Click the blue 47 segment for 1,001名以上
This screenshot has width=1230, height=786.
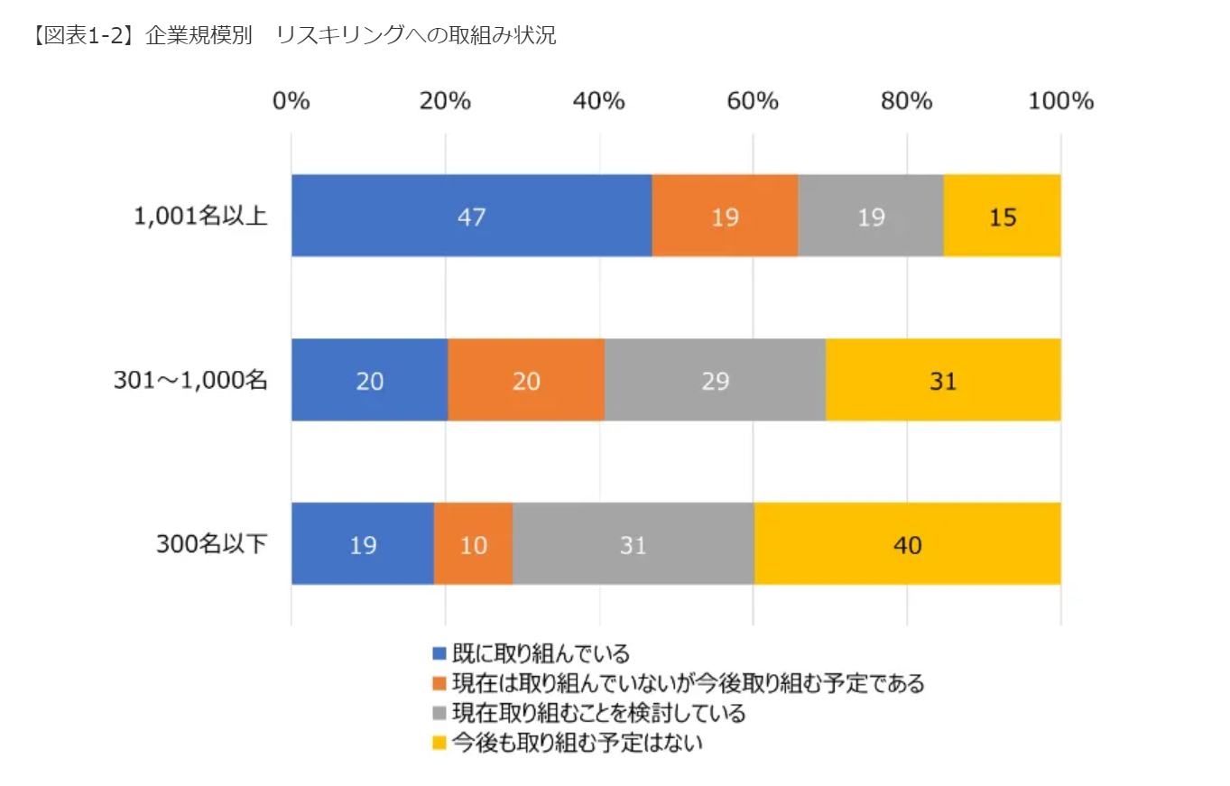(x=471, y=217)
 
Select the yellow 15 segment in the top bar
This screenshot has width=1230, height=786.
(x=1002, y=217)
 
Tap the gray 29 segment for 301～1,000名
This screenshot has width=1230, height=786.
(x=715, y=381)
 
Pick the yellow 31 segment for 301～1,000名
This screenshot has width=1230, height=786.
(x=943, y=381)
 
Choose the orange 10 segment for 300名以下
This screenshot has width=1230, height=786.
(x=473, y=545)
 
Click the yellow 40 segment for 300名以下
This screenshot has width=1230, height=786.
(x=907, y=545)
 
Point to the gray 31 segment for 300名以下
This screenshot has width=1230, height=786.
(x=633, y=545)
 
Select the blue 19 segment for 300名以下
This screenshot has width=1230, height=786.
(x=362, y=545)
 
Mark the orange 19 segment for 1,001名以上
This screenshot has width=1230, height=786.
(x=725, y=217)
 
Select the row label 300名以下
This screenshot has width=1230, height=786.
(x=212, y=545)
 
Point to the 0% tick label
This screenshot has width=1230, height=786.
(x=291, y=101)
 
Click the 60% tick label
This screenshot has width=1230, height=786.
(x=753, y=101)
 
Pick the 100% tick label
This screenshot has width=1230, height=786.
(x=1060, y=101)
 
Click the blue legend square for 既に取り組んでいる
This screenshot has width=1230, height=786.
(x=439, y=653)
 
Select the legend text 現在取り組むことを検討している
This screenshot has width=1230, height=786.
(x=598, y=713)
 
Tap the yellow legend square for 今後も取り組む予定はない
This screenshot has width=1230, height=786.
(x=439, y=743)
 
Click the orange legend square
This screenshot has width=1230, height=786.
(x=439, y=683)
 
